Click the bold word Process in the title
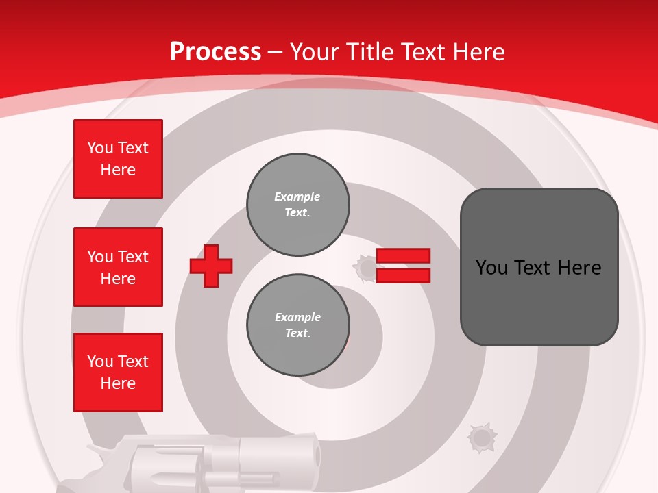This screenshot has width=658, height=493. tap(215, 52)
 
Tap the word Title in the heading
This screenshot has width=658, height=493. tap(370, 52)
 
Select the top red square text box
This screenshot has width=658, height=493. tap(118, 159)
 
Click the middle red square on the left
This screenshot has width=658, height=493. tap(118, 267)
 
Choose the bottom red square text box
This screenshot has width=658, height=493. tap(118, 372)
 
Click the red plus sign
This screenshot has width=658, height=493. tap(211, 266)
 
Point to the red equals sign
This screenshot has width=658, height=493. tap(403, 266)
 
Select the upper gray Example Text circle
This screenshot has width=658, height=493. tap(298, 205)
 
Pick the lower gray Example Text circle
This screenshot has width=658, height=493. tap(298, 325)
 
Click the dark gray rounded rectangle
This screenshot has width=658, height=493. tap(539, 267)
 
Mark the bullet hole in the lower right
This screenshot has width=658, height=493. tap(482, 438)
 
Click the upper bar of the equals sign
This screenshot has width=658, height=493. tap(403, 256)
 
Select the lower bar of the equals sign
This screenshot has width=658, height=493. tap(403, 275)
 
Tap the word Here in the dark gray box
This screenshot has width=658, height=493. tap(579, 267)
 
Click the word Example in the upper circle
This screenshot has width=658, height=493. tap(297, 197)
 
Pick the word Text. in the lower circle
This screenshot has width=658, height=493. tap(297, 333)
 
